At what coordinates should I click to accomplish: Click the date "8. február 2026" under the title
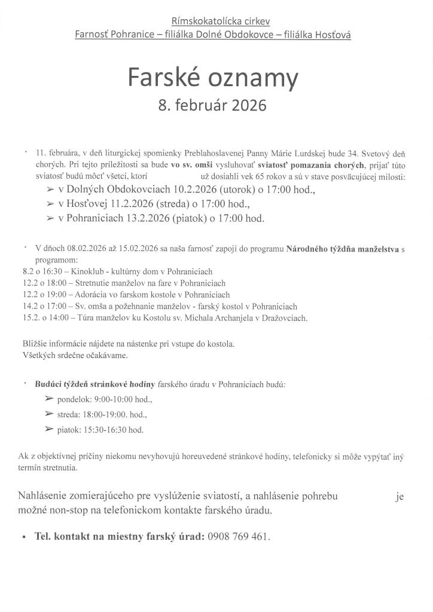coord(212,106)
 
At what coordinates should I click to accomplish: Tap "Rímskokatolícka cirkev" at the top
coord(213,22)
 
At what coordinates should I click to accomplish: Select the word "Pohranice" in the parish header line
coord(132,35)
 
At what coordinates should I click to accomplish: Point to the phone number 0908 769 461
coord(239,536)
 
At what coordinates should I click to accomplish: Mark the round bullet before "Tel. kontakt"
coord(23,537)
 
